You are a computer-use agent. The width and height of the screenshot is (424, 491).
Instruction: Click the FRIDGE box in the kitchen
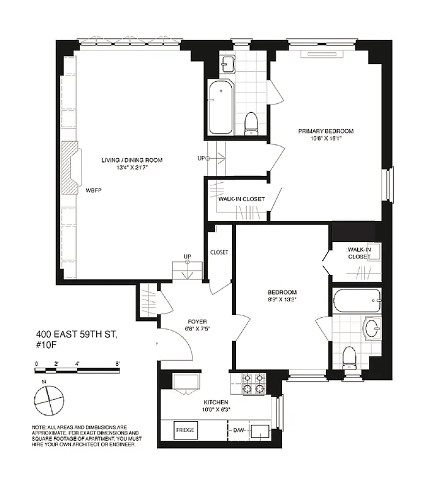pos(186,430)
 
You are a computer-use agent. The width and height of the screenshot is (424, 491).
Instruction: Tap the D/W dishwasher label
pos(239,430)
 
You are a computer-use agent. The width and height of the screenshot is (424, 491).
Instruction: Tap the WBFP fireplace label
pos(93,190)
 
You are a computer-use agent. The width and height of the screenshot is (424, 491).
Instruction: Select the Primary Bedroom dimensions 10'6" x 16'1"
pos(325,139)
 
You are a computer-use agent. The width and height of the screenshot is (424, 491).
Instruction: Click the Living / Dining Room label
pos(132,160)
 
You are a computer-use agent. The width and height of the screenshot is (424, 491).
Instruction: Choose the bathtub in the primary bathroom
pos(220,109)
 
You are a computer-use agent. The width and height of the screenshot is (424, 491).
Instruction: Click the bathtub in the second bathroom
pos(357,301)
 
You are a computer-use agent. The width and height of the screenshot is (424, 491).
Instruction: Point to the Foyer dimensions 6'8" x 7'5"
pos(197,330)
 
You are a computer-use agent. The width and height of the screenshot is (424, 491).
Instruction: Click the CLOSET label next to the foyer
pos(219,252)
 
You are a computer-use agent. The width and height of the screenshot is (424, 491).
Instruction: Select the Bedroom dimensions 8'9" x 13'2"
pos(282,300)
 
